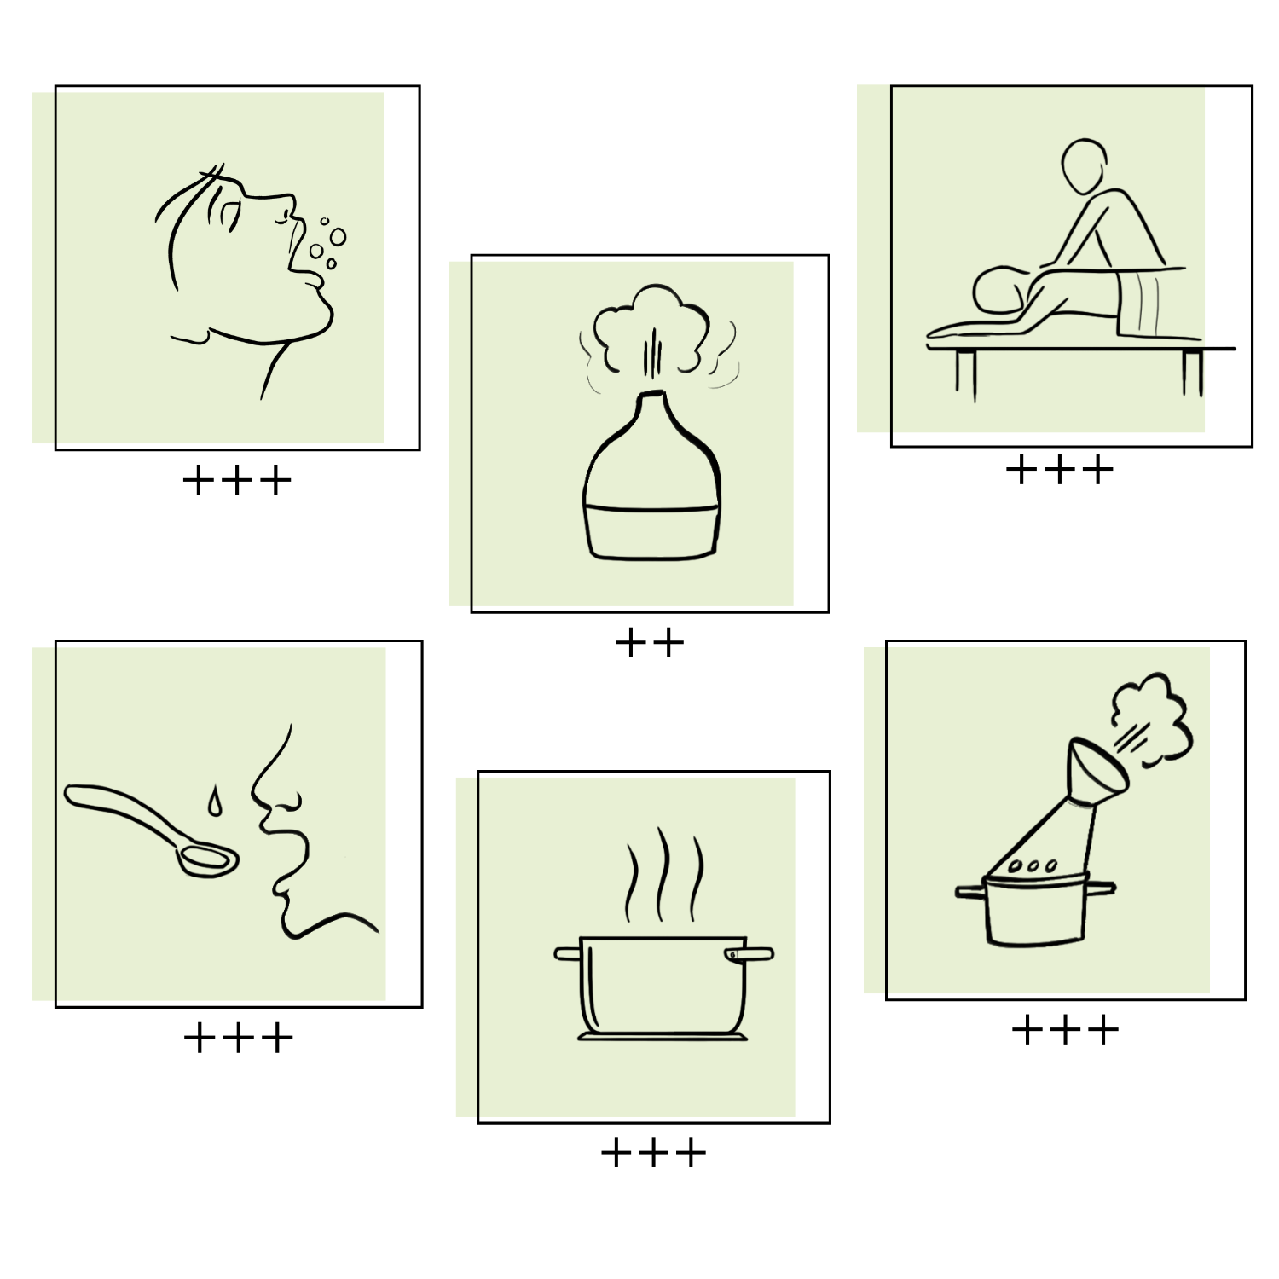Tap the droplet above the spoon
214,802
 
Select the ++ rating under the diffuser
650,643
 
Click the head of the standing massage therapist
1084,166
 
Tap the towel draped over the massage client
1149,303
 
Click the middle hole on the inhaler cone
1033,866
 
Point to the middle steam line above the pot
663,873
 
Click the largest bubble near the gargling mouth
338,236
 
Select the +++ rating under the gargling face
237,481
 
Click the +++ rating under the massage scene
1060,470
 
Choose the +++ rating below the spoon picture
239,1038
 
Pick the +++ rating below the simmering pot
654,1154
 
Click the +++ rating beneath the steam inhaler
1065,1030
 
